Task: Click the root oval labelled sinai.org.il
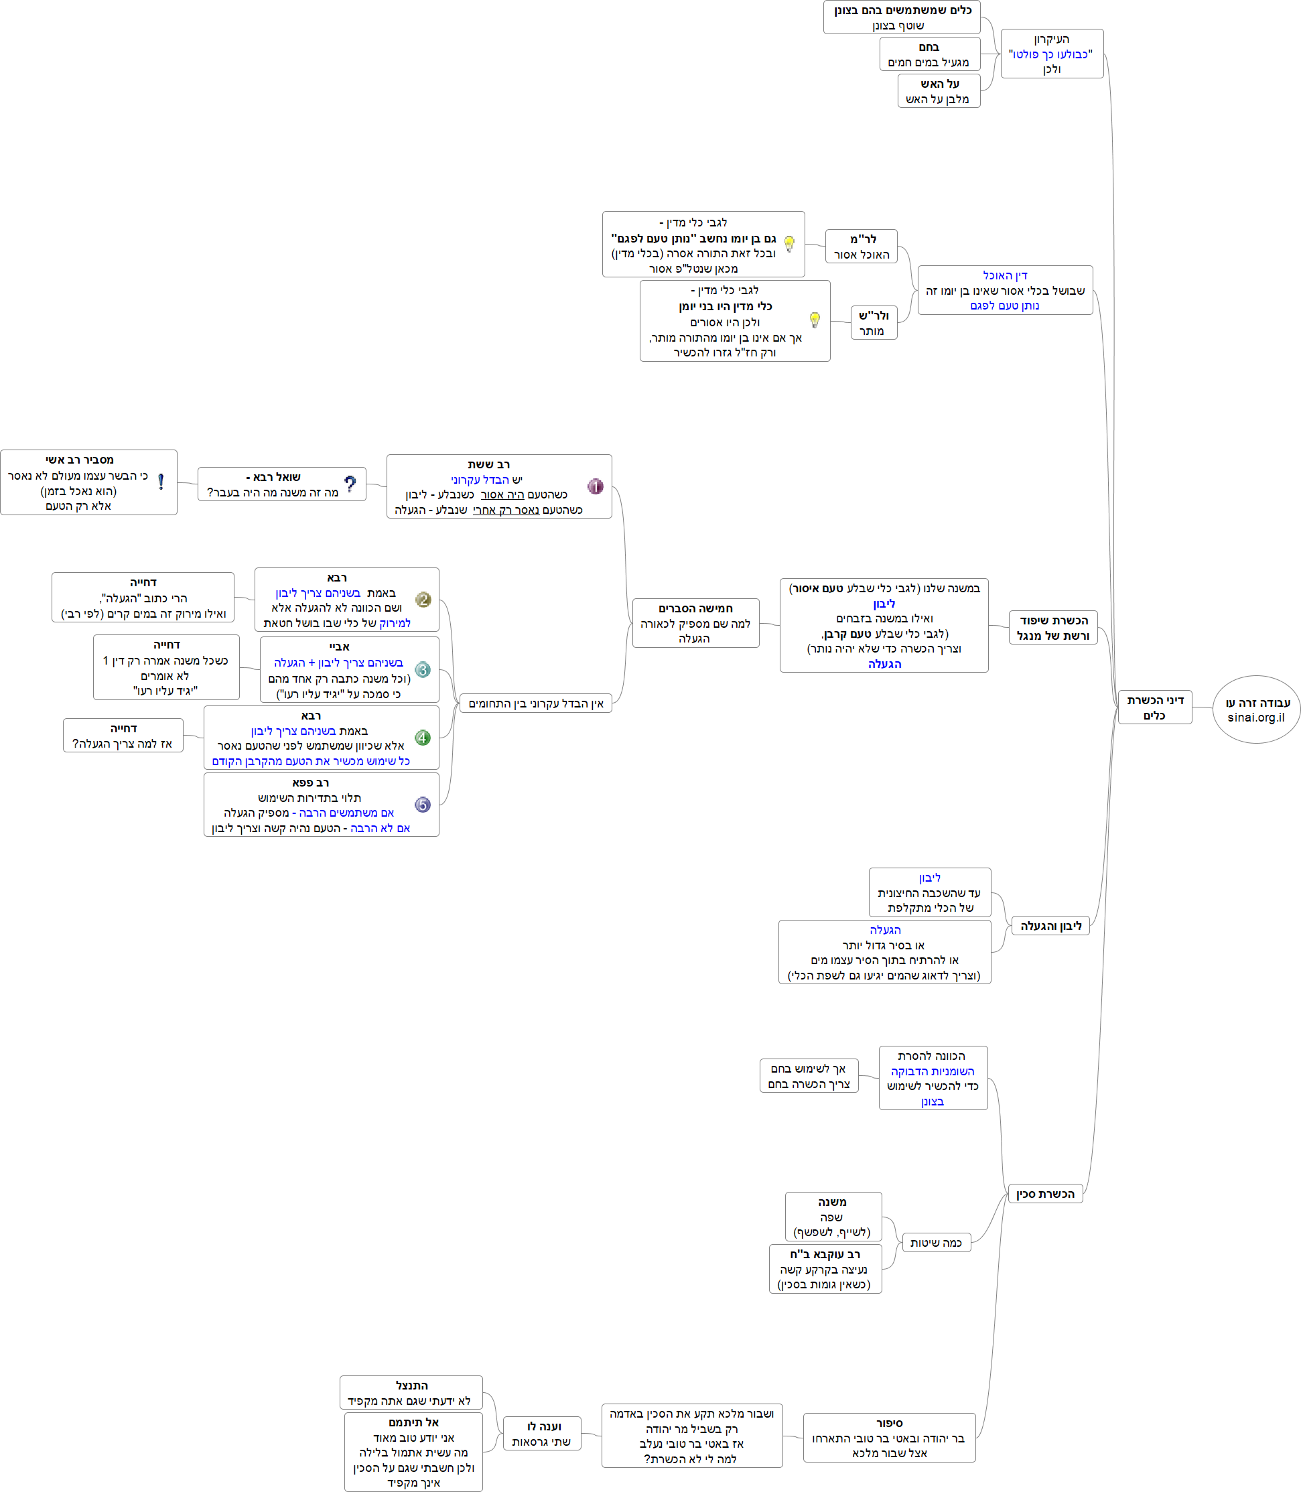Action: (1256, 709)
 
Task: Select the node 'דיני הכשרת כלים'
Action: (1154, 707)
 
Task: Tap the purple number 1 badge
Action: (596, 486)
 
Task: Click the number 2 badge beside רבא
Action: (423, 599)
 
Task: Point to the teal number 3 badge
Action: (423, 669)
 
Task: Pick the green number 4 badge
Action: (423, 738)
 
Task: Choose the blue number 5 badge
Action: (423, 805)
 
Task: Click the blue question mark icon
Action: (350, 484)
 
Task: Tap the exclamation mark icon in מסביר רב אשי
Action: (160, 481)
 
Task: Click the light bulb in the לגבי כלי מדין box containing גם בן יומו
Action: (789, 244)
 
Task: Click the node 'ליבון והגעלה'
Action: (1050, 926)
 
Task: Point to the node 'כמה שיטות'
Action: (936, 1242)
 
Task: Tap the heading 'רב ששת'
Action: (488, 464)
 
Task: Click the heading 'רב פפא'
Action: (311, 783)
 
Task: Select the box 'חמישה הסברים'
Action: (695, 623)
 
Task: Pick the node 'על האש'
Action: (939, 90)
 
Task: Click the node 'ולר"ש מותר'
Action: (874, 323)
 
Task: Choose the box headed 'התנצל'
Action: (411, 1393)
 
